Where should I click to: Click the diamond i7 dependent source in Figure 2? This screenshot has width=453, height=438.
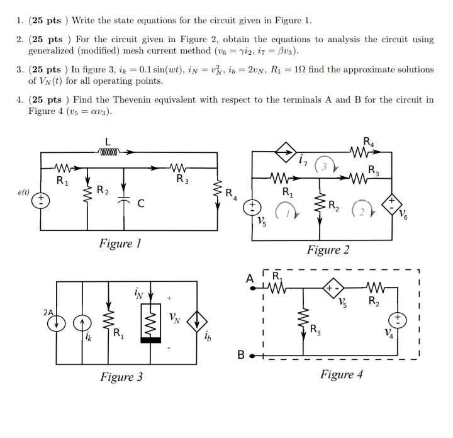coord(284,152)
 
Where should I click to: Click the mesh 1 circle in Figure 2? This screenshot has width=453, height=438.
coord(284,210)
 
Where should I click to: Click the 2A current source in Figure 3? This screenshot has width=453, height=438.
coord(57,322)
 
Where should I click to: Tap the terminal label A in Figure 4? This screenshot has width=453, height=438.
coord(250,278)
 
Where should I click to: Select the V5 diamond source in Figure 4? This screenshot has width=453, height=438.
coord(333,289)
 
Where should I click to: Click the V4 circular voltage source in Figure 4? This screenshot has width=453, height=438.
coord(398,320)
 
